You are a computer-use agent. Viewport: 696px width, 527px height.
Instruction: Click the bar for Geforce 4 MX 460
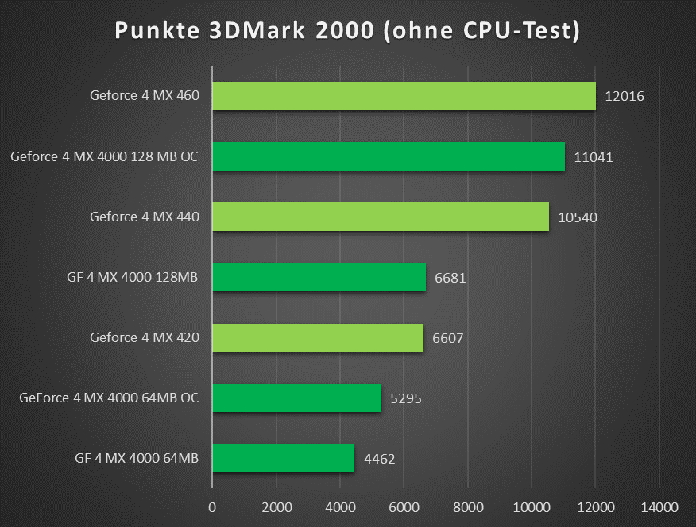[x=404, y=96]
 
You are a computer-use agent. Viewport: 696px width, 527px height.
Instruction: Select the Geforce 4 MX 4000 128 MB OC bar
[x=389, y=156]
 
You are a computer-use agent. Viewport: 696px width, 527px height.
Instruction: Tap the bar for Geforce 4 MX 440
[x=381, y=217]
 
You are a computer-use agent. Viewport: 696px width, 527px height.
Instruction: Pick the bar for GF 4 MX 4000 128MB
[x=319, y=277]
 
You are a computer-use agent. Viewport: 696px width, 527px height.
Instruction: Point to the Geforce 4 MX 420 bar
[x=318, y=338]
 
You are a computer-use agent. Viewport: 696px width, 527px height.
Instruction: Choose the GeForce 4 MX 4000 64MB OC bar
[x=296, y=398]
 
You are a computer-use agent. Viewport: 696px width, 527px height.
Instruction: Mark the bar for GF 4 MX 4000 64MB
[x=283, y=459]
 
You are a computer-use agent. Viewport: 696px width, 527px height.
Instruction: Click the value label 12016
[x=624, y=97]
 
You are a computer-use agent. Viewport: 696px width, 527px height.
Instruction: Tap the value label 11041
[x=593, y=157]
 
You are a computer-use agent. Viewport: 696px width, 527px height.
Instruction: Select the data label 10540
[x=578, y=217]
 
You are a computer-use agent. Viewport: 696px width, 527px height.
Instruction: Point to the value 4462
[x=379, y=460]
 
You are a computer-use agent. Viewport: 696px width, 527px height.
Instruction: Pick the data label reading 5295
[x=405, y=399]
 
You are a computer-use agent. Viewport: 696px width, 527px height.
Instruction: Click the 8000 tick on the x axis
[x=467, y=507]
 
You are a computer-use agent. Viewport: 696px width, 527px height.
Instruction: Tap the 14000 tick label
[x=659, y=507]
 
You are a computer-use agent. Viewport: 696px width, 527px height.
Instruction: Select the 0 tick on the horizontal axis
[x=212, y=507]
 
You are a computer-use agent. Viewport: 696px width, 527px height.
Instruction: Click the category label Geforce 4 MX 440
[x=144, y=217]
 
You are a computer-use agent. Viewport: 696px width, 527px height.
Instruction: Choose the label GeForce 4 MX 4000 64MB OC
[x=109, y=398]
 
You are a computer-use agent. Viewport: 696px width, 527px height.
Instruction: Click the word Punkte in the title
[x=159, y=31]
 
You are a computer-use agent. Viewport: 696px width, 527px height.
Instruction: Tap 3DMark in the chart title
[x=266, y=31]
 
